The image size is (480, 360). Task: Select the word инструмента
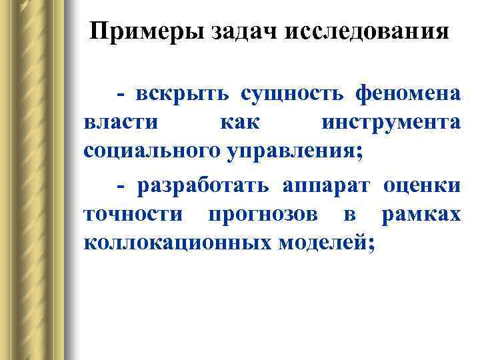[x=391, y=123]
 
